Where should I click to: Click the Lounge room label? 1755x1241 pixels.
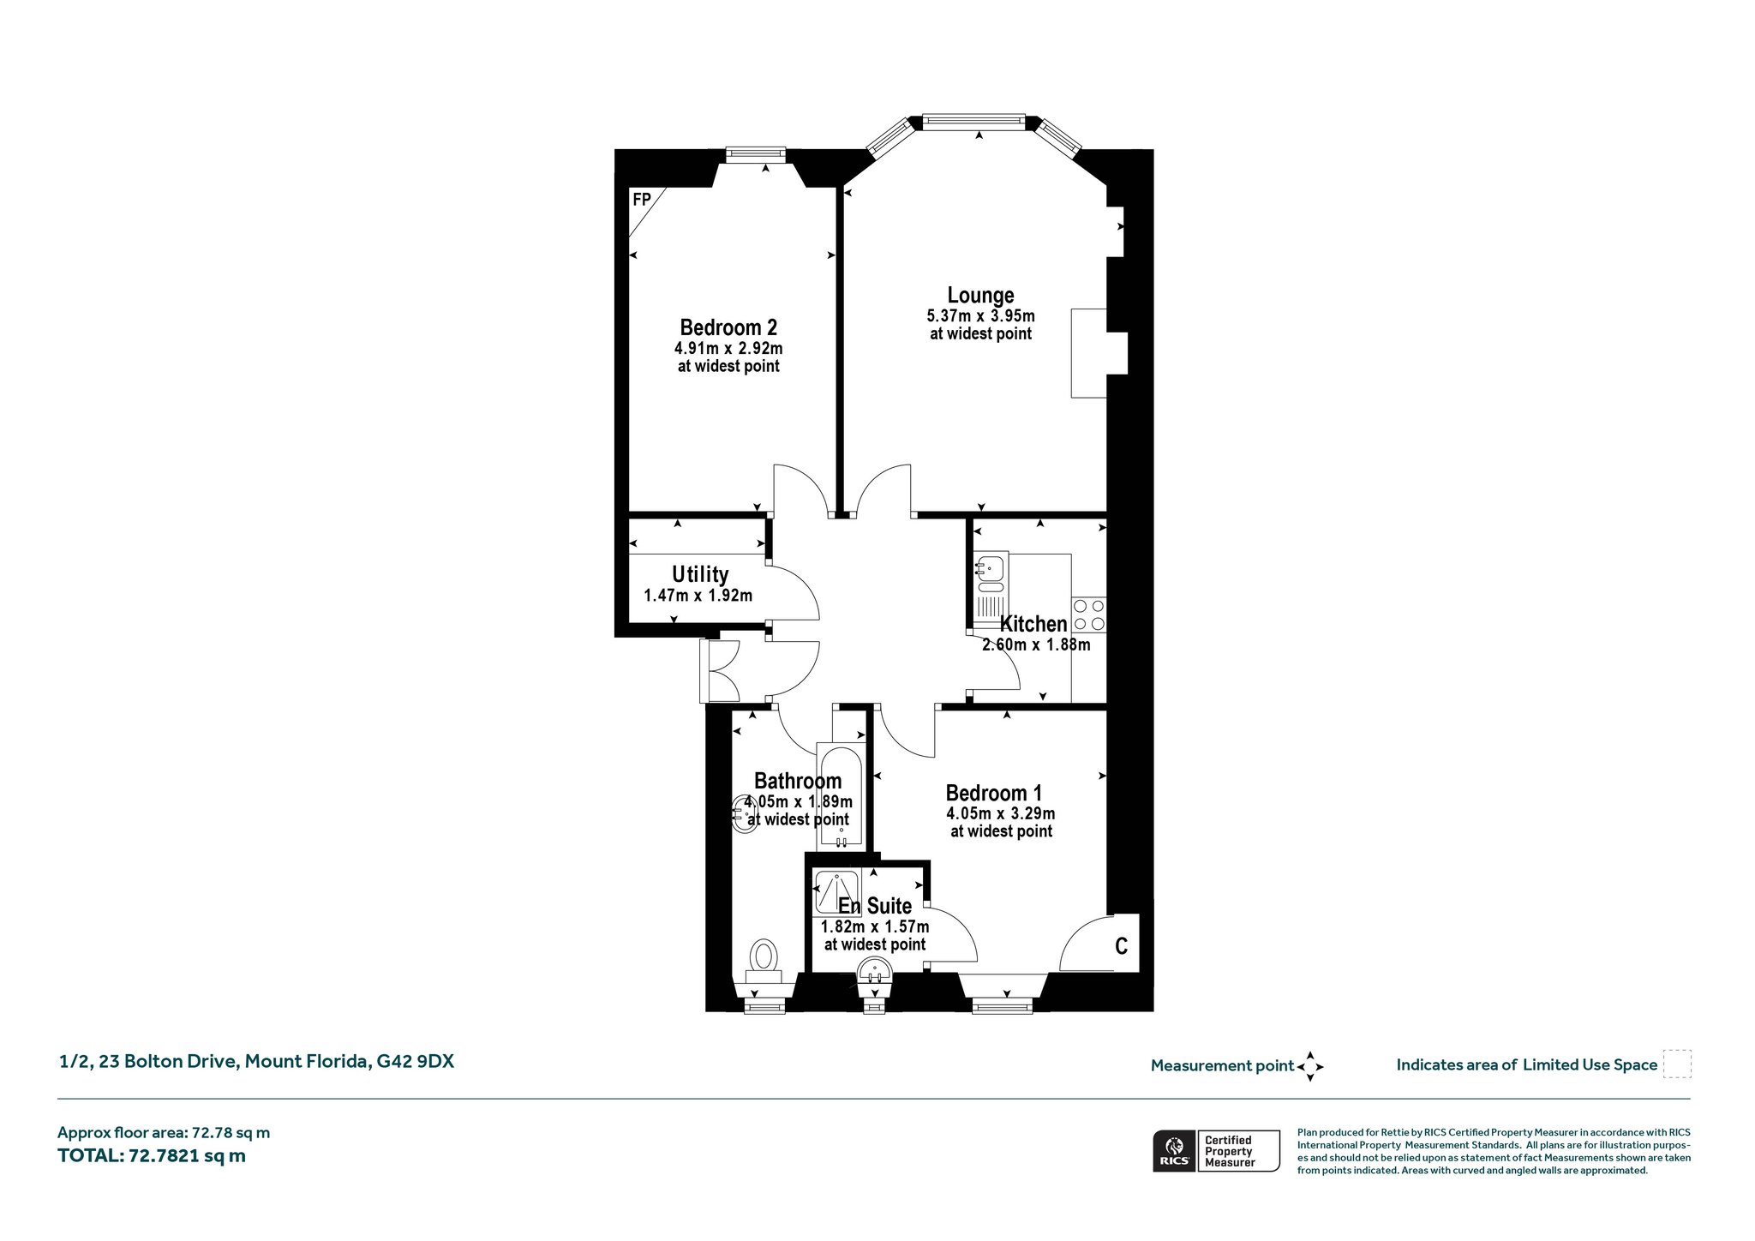[980, 296]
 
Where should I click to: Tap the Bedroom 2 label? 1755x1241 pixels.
[728, 327]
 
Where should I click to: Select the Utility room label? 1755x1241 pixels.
[700, 574]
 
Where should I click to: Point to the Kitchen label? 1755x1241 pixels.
[1033, 624]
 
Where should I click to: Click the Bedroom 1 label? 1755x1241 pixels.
[994, 793]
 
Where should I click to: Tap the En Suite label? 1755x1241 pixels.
[875, 906]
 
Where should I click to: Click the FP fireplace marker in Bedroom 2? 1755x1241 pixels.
[642, 200]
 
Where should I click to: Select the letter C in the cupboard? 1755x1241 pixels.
[1121, 946]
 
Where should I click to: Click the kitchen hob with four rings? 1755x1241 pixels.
[1088, 615]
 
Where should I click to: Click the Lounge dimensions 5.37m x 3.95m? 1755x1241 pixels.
[980, 316]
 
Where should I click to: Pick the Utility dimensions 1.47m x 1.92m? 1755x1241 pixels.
[698, 596]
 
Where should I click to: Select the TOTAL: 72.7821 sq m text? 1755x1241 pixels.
[152, 1156]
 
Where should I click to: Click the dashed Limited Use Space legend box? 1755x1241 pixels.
[1677, 1064]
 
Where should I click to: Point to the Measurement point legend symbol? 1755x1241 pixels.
[1310, 1066]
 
